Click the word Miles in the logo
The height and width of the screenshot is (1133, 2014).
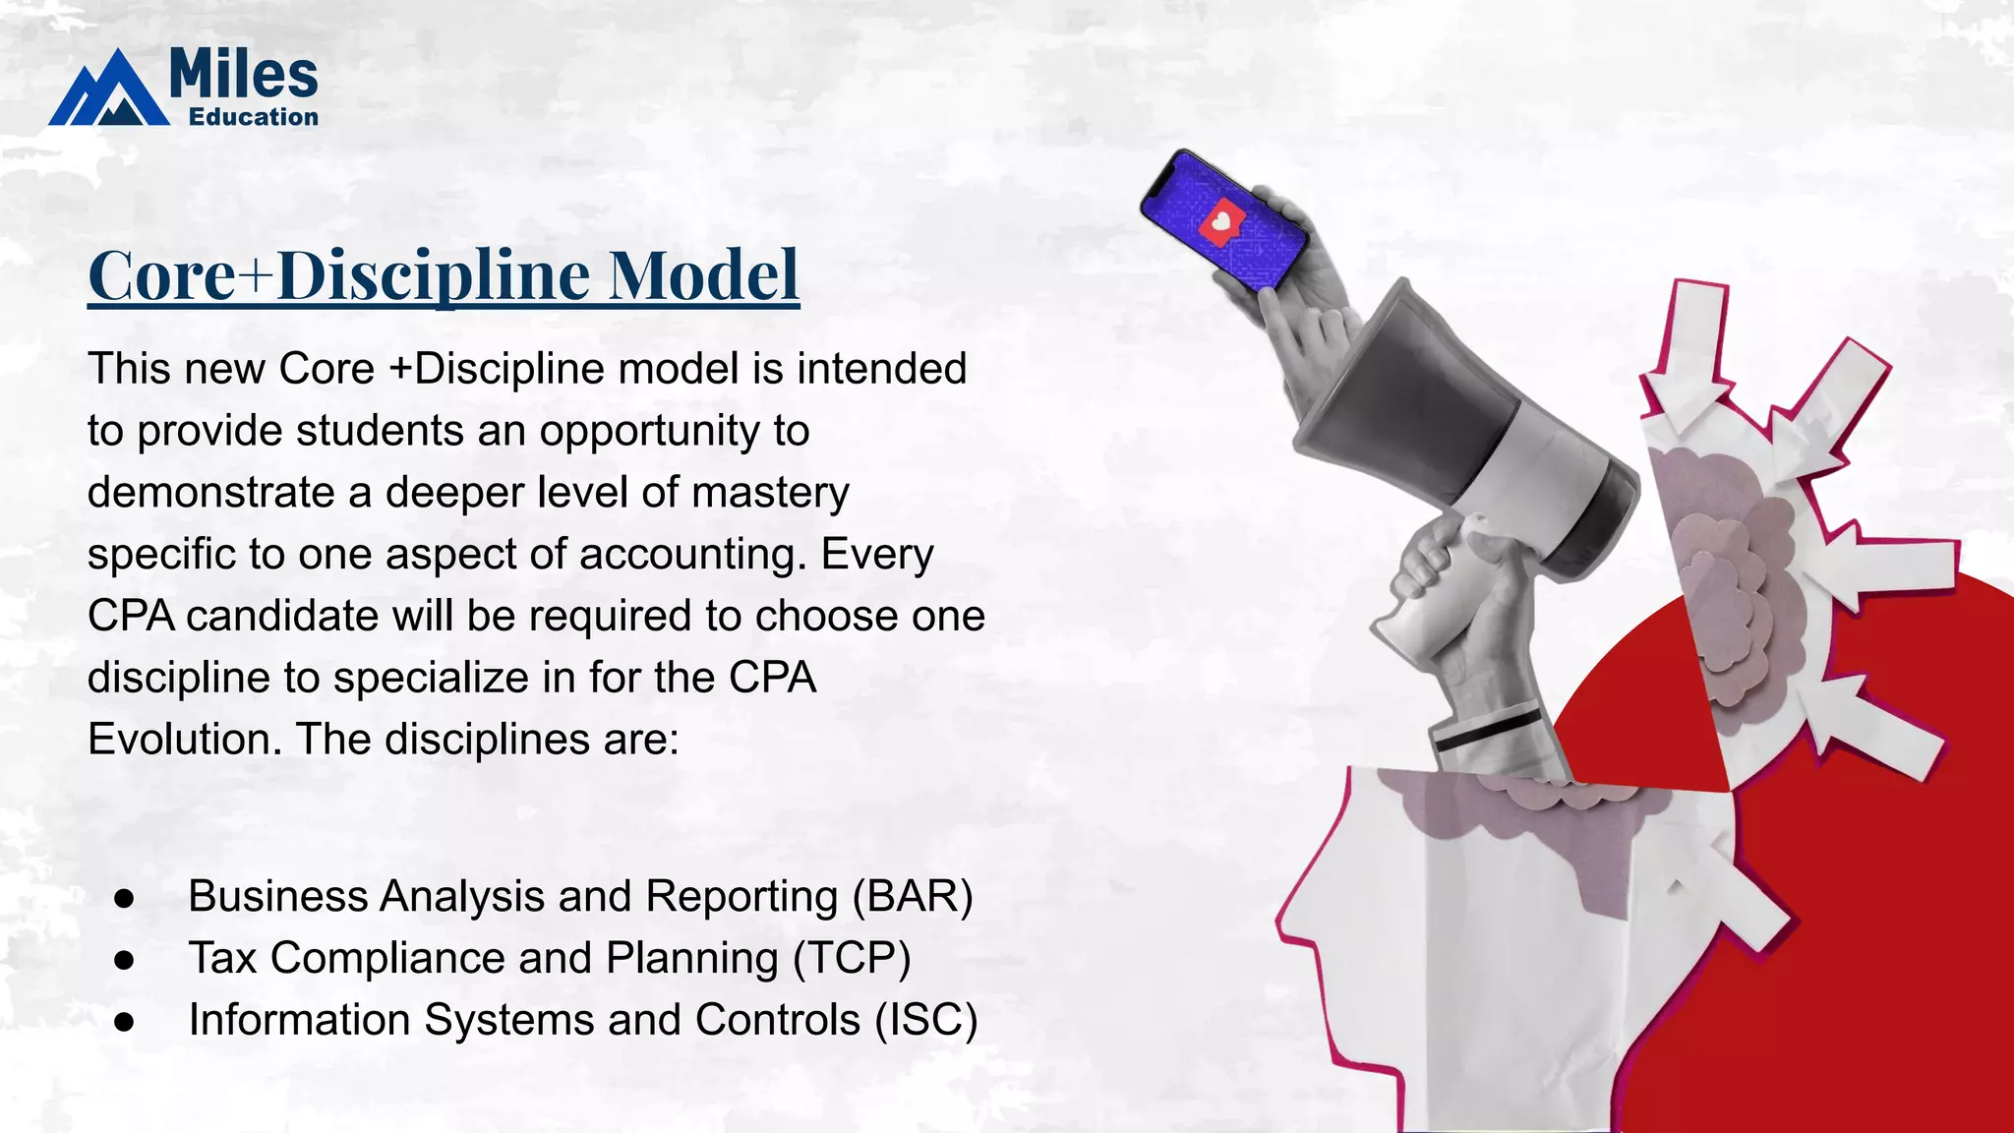coord(243,75)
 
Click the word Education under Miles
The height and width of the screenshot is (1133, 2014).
coord(254,117)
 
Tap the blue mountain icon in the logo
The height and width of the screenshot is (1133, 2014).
coord(108,93)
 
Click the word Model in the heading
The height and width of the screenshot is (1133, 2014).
coord(703,275)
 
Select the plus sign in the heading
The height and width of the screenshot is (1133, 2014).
coord(255,277)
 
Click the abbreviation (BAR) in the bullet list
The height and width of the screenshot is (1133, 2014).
coord(912,896)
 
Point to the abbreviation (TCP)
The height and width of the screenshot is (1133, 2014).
coord(852,958)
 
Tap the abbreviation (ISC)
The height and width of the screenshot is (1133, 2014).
coord(925,1020)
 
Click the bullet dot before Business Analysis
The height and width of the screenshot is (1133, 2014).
coord(124,898)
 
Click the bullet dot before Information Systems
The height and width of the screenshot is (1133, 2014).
coord(124,1022)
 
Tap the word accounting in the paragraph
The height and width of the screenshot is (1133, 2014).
coord(692,555)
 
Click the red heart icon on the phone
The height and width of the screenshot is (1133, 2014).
coord(1220,222)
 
